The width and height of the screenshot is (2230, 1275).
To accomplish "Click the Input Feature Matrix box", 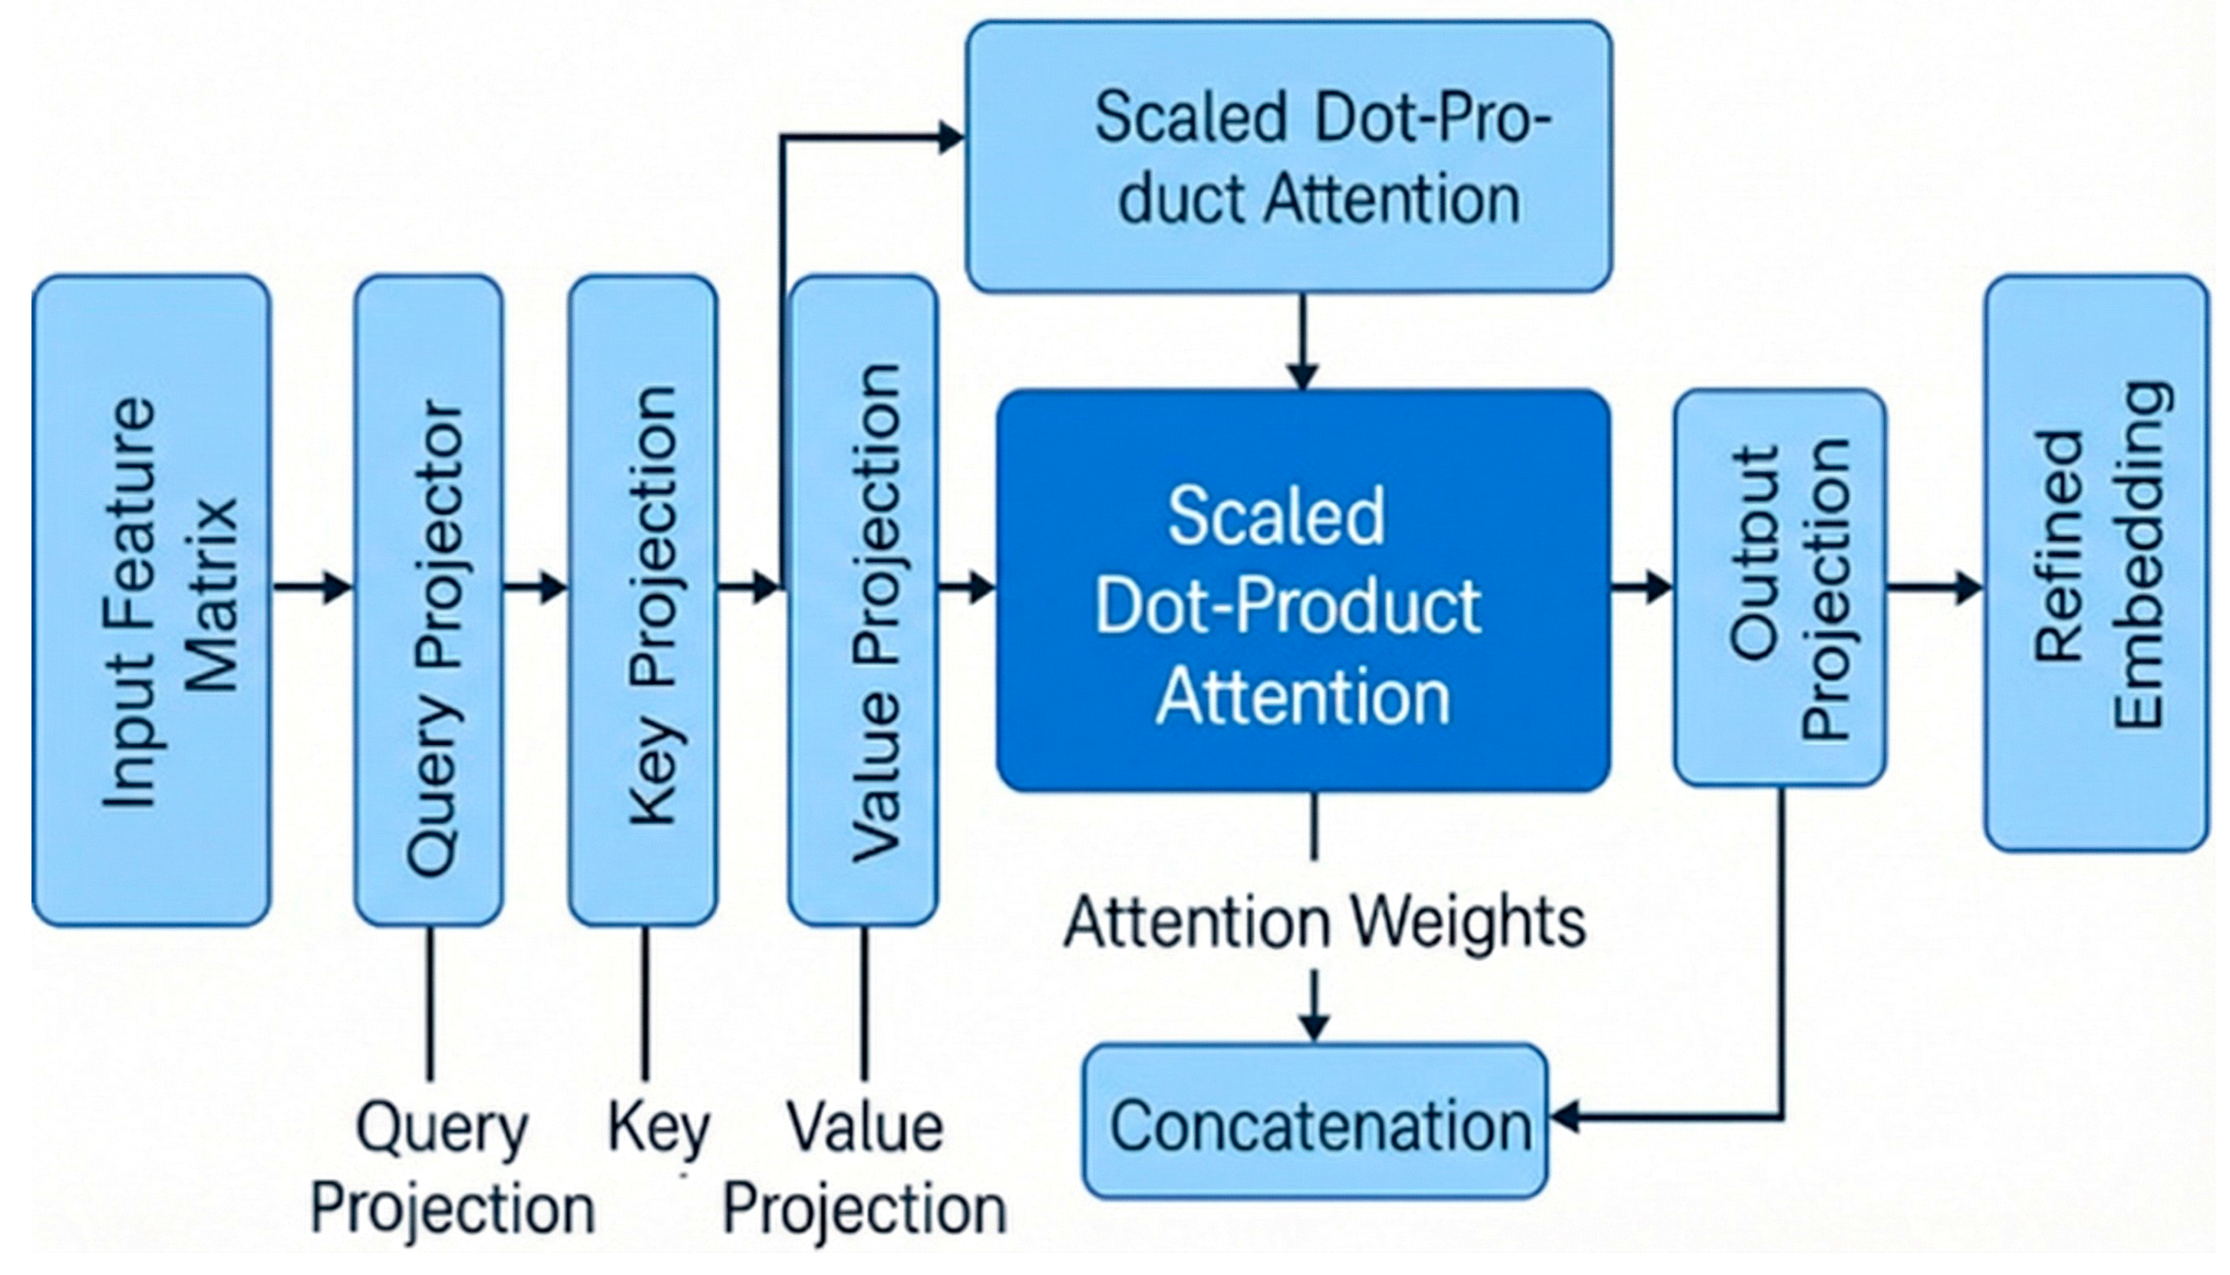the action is click(x=151, y=601).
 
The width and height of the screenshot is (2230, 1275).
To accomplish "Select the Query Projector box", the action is click(x=429, y=601).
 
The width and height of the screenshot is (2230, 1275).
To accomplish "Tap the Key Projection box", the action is click(x=644, y=601).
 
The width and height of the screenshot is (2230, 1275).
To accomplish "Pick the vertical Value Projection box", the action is click(x=863, y=601).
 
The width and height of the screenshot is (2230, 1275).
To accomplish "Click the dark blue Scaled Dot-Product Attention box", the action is click(x=1303, y=591).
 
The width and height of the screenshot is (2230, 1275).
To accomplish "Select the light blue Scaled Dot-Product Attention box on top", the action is click(x=1289, y=156).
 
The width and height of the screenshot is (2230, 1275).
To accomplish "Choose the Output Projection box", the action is click(x=1780, y=588).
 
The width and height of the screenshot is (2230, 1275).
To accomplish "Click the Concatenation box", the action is click(x=1315, y=1121).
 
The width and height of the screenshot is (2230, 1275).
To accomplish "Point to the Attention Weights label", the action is click(x=1324, y=922).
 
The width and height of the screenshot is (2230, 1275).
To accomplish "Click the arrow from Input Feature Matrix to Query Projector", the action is click(x=312, y=587).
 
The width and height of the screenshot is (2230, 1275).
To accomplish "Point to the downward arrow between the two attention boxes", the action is click(x=1303, y=341).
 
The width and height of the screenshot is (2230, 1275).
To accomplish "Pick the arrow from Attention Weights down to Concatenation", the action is click(x=1314, y=1005).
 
